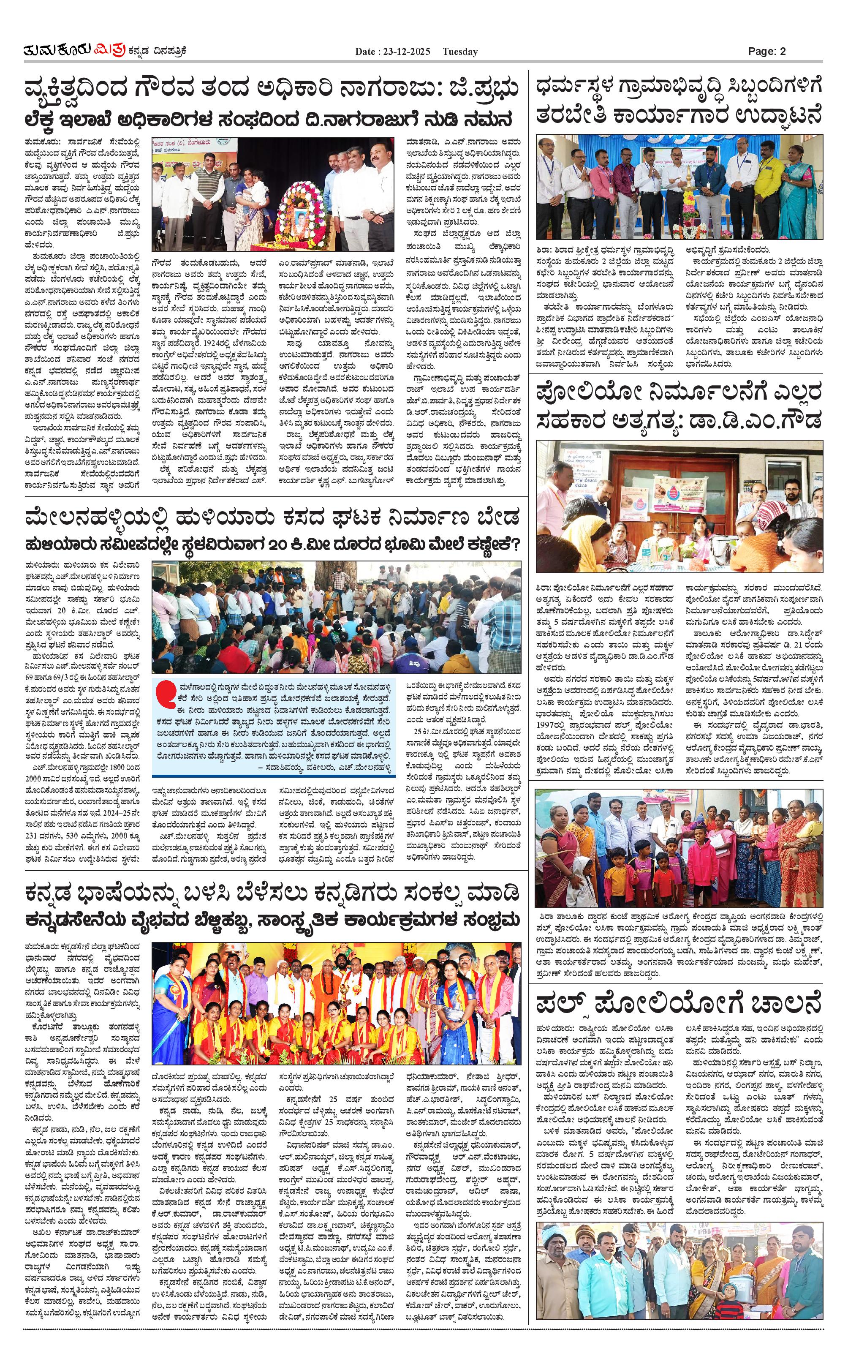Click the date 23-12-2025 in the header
402,52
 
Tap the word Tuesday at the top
460,52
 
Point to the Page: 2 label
766,51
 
